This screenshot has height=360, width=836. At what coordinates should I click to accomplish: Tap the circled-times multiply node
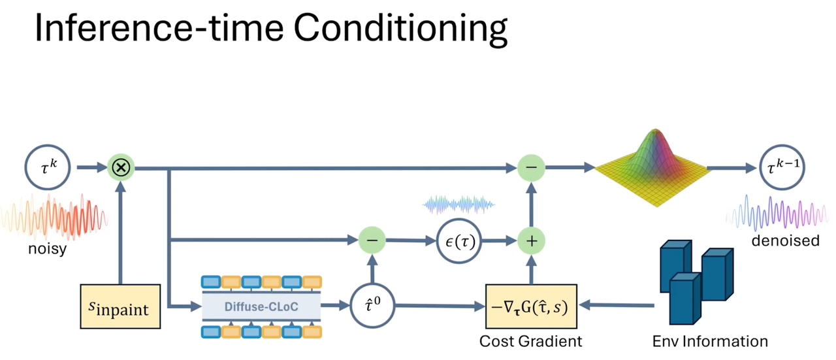pyautogui.click(x=121, y=168)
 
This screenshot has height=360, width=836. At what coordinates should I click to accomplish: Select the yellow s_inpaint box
pyautogui.click(x=120, y=306)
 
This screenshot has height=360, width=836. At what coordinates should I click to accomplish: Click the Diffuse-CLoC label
pyautogui.click(x=261, y=306)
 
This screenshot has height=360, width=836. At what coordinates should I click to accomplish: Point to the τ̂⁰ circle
pyautogui.click(x=372, y=306)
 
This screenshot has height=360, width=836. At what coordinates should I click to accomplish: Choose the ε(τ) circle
pyautogui.click(x=460, y=241)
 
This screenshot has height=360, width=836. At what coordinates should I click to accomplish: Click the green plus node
pyautogui.click(x=532, y=241)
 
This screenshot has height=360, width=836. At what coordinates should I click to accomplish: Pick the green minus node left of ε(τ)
pyautogui.click(x=372, y=241)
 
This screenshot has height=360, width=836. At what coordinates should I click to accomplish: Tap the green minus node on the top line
pyautogui.click(x=532, y=168)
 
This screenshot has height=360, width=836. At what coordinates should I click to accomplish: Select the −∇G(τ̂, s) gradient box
pyautogui.click(x=531, y=306)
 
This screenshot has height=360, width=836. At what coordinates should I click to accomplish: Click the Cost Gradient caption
pyautogui.click(x=530, y=341)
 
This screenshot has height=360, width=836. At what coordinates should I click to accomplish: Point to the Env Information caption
pyautogui.click(x=710, y=341)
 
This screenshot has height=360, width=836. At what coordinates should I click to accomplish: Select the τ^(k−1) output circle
pyautogui.click(x=782, y=168)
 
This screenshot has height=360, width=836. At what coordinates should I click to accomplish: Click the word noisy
pyautogui.click(x=46, y=248)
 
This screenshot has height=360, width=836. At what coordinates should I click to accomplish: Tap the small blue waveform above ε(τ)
pyautogui.click(x=459, y=205)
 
